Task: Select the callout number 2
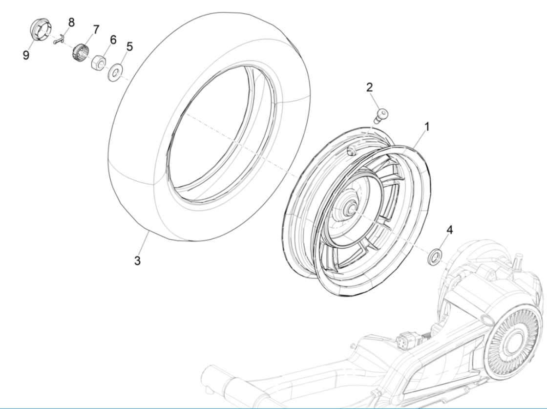point(383,87)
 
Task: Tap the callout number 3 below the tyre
point(138,260)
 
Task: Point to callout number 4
point(450,230)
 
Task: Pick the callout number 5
point(129,46)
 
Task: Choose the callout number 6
point(113,40)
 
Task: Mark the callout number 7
point(96,29)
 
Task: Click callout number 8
point(71,22)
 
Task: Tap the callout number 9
point(25,55)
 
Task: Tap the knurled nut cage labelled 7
point(80,50)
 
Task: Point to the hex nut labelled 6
point(98,63)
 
